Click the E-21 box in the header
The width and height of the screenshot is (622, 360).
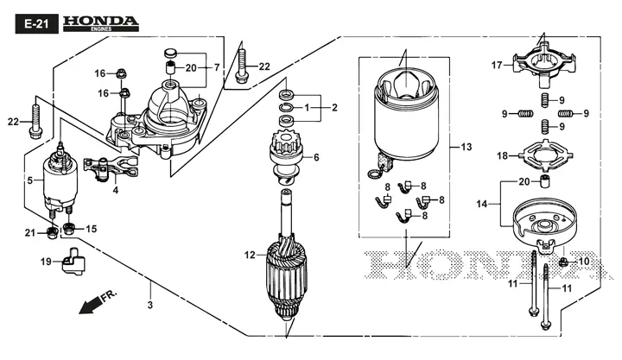tap(36, 24)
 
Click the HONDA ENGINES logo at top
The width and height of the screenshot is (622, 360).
tap(101, 24)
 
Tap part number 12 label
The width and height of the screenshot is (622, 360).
tap(250, 255)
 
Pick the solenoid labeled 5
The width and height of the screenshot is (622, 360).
tap(60, 183)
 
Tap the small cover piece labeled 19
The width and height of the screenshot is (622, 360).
tap(73, 261)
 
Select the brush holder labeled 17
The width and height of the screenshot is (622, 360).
tap(544, 65)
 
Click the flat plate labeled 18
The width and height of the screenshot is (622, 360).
tap(547, 156)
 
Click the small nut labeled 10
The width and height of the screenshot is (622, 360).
tap(562, 262)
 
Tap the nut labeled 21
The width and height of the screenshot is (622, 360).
tap(52, 233)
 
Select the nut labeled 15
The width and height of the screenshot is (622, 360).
tap(69, 229)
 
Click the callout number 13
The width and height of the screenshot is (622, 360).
tap(466, 147)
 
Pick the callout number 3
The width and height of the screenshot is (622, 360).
tap(150, 306)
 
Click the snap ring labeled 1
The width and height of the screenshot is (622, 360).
tap(287, 107)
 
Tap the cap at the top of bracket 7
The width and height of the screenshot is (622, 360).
tap(171, 53)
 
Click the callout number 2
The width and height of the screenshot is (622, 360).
tap(334, 107)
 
